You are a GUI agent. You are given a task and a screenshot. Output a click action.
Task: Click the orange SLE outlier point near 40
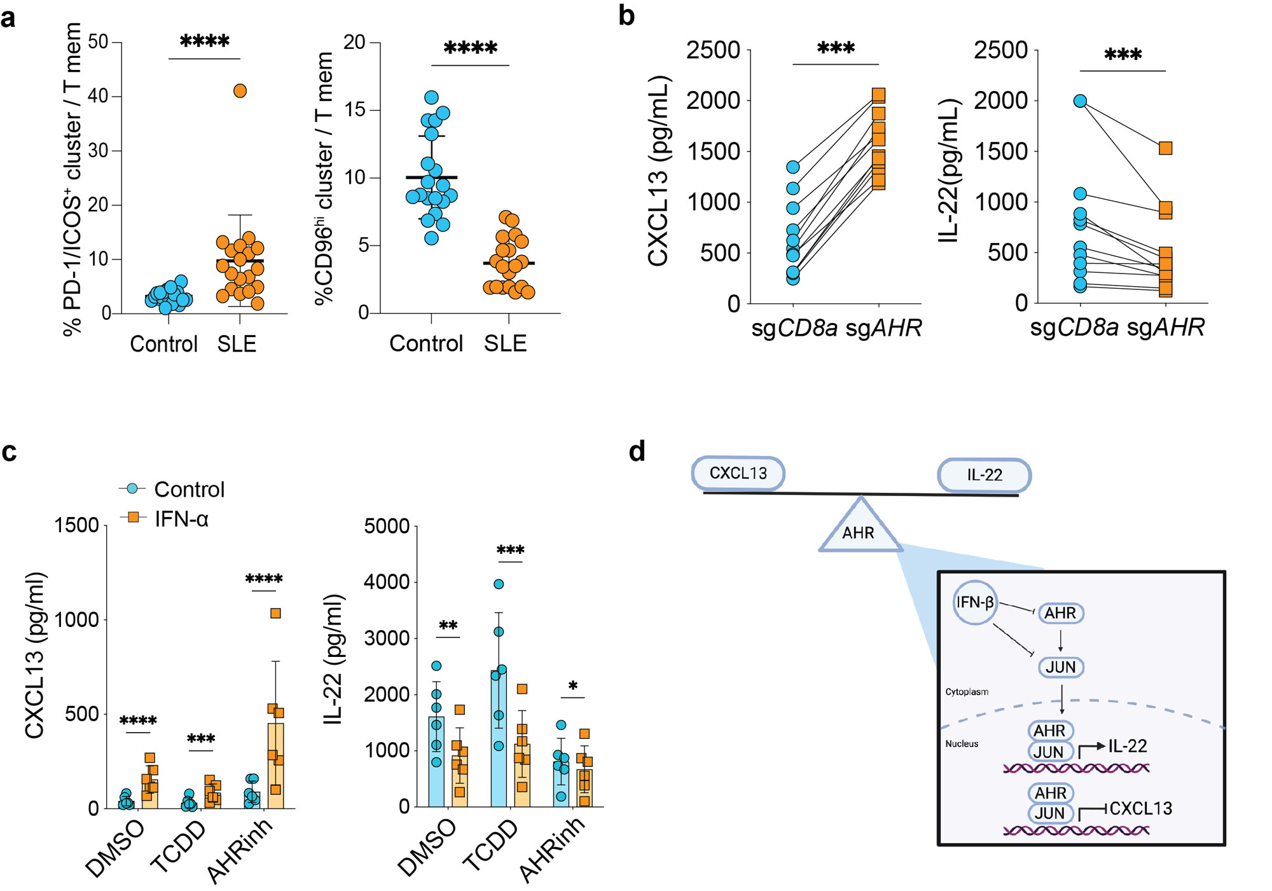click(240, 91)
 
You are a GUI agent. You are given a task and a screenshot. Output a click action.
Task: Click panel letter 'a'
click(8, 18)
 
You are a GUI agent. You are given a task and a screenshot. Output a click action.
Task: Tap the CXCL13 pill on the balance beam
click(738, 473)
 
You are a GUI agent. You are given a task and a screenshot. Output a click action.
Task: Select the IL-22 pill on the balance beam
click(984, 475)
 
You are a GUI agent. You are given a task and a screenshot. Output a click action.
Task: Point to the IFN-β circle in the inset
click(974, 602)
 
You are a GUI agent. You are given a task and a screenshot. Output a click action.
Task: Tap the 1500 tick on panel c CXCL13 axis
click(77, 525)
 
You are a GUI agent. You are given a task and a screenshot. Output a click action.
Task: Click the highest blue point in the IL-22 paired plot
click(1080, 101)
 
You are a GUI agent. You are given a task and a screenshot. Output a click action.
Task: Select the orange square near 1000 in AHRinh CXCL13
click(275, 613)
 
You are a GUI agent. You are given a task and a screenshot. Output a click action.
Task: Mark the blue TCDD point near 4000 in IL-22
click(499, 584)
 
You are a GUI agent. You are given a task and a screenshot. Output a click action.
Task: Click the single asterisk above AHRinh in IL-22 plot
click(573, 686)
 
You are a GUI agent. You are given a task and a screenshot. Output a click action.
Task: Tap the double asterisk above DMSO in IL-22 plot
click(448, 626)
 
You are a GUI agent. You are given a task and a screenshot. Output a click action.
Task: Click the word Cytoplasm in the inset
click(967, 691)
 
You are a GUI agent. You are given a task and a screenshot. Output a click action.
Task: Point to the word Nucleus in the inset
click(962, 743)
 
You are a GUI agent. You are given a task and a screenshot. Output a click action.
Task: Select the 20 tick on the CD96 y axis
click(354, 43)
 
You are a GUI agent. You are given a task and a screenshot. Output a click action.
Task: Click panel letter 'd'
click(637, 452)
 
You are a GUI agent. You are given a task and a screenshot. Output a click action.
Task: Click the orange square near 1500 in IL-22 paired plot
click(1165, 148)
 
